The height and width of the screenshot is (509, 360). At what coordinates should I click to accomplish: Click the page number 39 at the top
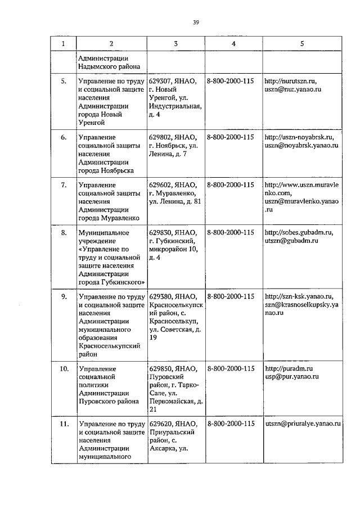point(196,22)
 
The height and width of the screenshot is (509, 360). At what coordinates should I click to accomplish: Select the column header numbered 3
point(175,43)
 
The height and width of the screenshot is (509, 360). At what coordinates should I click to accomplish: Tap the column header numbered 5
point(302,43)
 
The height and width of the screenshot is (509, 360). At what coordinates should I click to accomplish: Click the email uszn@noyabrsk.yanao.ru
point(301,145)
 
